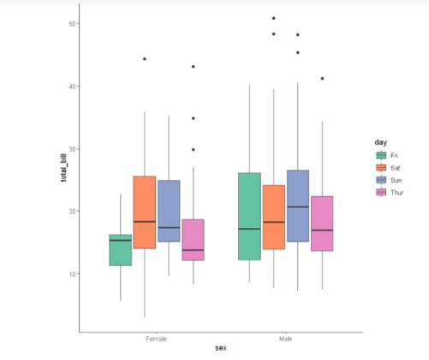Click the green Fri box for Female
coord(120,249)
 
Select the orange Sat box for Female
coord(144,212)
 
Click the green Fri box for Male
coord(249,216)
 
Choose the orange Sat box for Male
coord(273,217)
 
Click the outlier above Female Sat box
coord(145,59)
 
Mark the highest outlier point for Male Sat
coord(273,18)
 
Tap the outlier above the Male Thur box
coord(322,78)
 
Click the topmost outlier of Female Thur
coord(194,66)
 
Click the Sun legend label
coord(396,181)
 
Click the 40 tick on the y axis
coord(67,87)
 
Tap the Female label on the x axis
coord(157,340)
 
